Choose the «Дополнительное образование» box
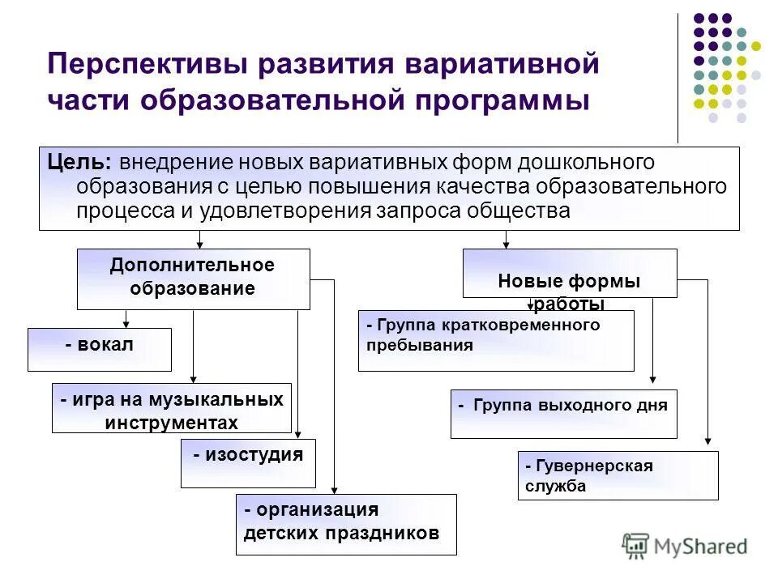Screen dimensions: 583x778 (193, 279)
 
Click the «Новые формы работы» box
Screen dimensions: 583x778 (569, 274)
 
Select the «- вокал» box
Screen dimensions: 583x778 (100, 349)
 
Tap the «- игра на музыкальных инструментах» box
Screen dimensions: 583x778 (172, 408)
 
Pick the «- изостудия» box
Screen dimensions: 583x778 (248, 463)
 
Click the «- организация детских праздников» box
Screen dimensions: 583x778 (346, 524)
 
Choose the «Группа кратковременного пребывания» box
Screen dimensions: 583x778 (496, 340)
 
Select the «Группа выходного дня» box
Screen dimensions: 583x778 (563, 413)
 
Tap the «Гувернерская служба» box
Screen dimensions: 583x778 (618, 474)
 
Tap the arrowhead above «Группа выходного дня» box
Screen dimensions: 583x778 (652, 378)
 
